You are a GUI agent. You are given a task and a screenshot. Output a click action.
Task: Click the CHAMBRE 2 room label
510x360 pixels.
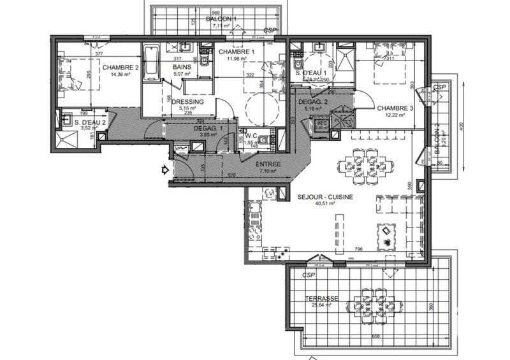(x=120, y=68)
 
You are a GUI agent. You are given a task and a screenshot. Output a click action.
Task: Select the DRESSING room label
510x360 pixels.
(x=188, y=101)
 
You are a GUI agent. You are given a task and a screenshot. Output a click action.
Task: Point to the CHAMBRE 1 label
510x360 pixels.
(x=237, y=52)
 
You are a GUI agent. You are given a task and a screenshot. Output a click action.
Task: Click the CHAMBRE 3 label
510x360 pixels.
(x=395, y=108)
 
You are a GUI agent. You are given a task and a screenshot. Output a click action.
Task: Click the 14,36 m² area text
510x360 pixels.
(x=120, y=75)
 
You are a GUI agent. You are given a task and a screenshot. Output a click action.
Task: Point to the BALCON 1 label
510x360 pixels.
(x=221, y=18)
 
